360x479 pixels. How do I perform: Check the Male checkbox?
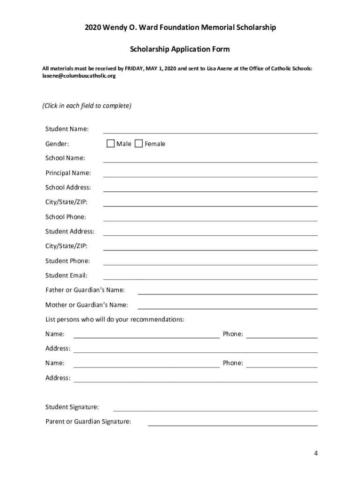pos(110,144)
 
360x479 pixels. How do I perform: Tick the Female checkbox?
pos(138,144)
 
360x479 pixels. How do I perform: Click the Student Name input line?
pos(210,130)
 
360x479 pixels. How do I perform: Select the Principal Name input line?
pos(210,174)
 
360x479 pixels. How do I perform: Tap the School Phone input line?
pos(210,218)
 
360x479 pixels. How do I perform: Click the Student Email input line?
pos(210,276)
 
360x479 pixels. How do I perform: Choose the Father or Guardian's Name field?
pos(227,290)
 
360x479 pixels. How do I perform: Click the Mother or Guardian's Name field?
pos(227,305)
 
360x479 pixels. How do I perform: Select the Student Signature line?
pos(215,408)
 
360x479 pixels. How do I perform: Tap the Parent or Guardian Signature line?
pos(232,422)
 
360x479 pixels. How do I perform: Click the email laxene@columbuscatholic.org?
pos(79,76)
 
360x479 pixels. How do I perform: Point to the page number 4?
pos(316,453)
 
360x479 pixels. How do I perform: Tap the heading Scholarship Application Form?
pos(180,49)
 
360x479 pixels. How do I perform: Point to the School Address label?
pos(68,188)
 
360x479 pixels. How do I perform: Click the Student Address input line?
pos(210,232)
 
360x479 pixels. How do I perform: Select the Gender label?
pos(57,144)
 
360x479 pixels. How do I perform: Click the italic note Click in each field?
pos(87,106)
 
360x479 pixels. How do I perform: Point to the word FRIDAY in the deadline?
pos(135,68)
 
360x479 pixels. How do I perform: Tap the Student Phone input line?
pos(210,261)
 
